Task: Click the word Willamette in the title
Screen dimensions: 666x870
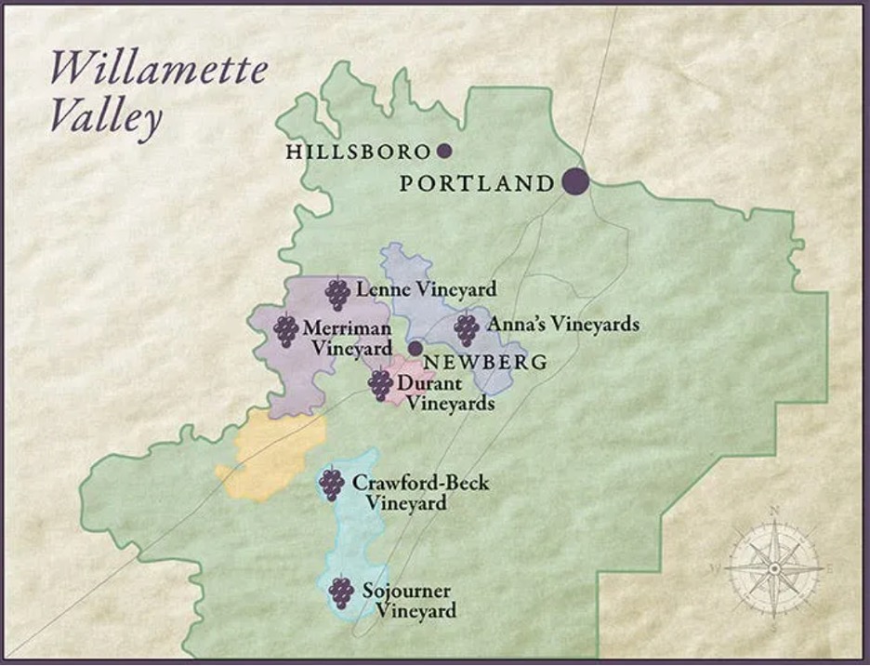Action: click(x=158, y=72)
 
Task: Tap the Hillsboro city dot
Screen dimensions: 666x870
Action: click(x=444, y=151)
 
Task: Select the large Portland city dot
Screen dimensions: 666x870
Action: click(x=575, y=182)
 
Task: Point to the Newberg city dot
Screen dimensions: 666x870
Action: click(x=415, y=348)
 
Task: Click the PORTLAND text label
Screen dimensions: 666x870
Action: click(x=476, y=183)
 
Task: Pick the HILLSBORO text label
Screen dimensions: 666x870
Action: click(x=359, y=152)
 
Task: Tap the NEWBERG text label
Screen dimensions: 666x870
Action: click(x=472, y=362)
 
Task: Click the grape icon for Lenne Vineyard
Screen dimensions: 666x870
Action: click(x=337, y=294)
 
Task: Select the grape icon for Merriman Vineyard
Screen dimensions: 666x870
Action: click(x=286, y=330)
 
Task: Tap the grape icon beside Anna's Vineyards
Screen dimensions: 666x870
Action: click(x=466, y=327)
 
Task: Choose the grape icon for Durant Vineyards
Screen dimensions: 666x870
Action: click(x=380, y=384)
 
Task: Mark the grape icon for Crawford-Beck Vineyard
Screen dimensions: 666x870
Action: click(x=331, y=484)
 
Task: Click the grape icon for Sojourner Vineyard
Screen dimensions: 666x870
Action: click(x=342, y=592)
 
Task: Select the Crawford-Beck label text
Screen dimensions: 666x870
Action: click(x=420, y=484)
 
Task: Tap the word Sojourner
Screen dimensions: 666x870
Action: click(x=407, y=592)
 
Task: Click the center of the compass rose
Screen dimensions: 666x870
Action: click(x=773, y=566)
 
